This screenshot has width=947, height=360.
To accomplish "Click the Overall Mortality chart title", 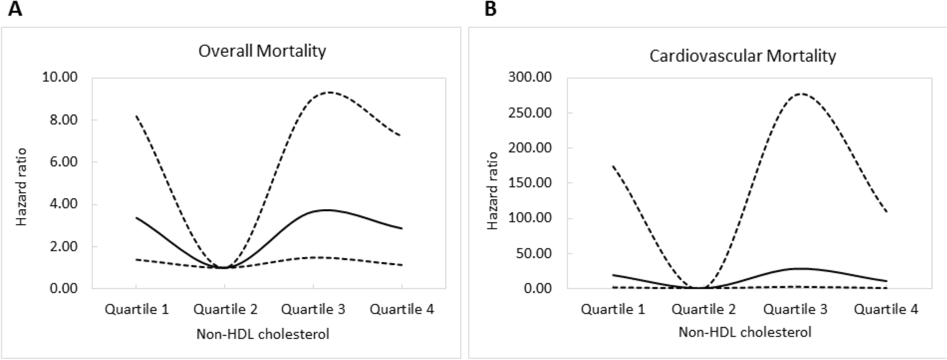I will point(262,51).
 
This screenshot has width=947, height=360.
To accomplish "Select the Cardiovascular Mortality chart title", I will point(742,56).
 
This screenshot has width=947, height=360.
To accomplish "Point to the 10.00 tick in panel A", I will point(59,77).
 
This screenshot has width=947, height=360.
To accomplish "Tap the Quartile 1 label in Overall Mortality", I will point(137,309).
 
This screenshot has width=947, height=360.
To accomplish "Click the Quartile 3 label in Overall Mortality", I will point(313,309).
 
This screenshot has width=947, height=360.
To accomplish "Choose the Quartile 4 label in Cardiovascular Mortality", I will point(886,309).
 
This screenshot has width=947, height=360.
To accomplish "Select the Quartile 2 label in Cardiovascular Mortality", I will point(704,309).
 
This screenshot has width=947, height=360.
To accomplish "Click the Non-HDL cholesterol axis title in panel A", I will point(263,334).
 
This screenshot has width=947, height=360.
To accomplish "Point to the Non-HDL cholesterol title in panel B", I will point(745,332).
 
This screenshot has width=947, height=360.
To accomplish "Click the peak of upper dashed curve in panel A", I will point(330,92).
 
